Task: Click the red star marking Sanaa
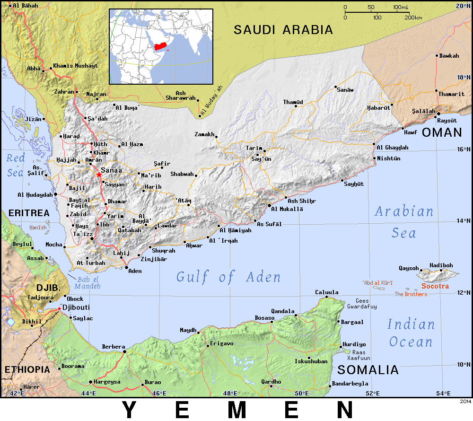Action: [99, 175]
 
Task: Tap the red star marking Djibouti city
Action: [59, 309]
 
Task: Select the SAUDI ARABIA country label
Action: [283, 30]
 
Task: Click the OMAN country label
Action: [442, 132]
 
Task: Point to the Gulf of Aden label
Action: [228, 277]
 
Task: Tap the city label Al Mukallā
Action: [287, 209]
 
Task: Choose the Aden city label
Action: [135, 271]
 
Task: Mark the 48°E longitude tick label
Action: [230, 393]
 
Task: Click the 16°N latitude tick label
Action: [463, 149]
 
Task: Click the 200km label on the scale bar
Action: [413, 18]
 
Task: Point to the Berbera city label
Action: [114, 347]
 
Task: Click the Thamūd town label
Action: [293, 102]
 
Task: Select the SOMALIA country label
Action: [368, 369]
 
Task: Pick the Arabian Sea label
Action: [404, 222]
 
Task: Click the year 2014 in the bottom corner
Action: [465, 401]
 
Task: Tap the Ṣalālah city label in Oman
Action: [423, 111]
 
